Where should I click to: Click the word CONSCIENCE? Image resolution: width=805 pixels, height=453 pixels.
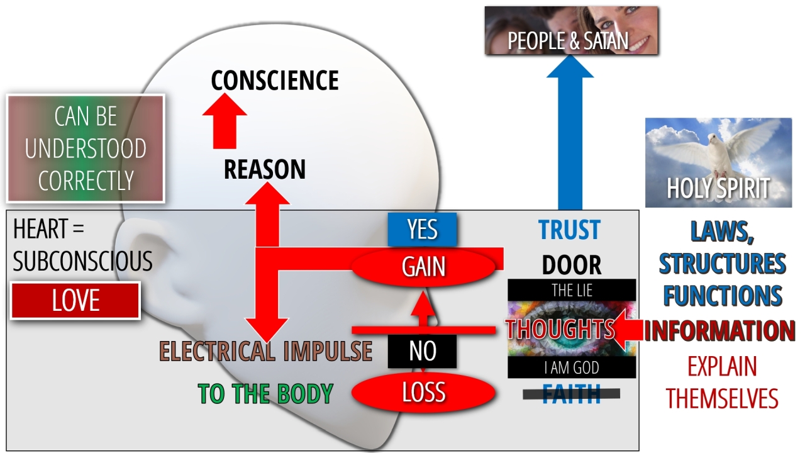[x=275, y=81]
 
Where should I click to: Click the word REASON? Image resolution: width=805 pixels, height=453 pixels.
[x=265, y=169]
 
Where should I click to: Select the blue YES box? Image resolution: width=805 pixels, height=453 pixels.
[x=422, y=230]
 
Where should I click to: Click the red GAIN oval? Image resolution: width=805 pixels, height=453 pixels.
[x=424, y=267]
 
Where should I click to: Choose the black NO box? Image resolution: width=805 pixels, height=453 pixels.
[x=422, y=351]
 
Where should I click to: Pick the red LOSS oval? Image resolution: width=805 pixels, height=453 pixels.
[x=424, y=392]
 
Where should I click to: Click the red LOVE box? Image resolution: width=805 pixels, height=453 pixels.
[x=75, y=301]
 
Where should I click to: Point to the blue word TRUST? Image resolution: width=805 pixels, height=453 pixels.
[x=569, y=230]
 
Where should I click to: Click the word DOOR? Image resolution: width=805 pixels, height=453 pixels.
[x=571, y=265]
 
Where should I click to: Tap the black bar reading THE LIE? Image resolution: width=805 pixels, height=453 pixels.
[x=572, y=291]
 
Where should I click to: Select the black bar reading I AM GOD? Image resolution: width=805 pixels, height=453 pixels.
[x=572, y=367]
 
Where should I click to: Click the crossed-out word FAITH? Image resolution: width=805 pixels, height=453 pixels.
[x=571, y=394]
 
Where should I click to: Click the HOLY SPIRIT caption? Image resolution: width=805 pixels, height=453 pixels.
[x=718, y=188]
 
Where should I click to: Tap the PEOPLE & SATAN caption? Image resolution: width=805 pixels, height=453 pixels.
[x=568, y=41]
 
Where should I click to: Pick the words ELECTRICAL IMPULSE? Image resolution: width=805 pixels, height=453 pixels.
[x=265, y=351]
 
